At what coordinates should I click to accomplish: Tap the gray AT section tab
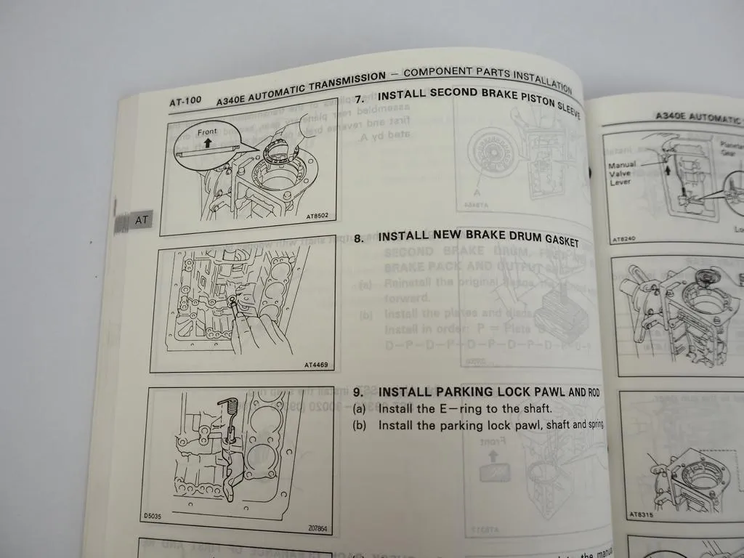point(142,219)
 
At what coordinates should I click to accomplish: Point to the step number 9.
point(357,393)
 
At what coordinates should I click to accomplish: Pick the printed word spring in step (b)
point(592,424)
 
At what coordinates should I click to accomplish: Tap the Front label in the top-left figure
point(207,132)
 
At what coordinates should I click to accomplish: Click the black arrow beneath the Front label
point(208,143)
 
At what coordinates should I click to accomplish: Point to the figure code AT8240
point(623,238)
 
